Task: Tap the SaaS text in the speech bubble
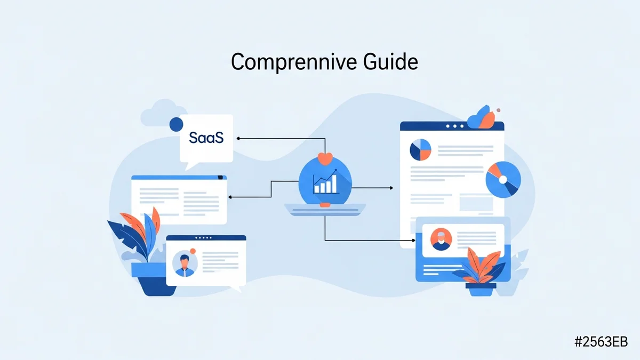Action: tap(206, 137)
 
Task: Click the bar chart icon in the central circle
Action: tap(326, 182)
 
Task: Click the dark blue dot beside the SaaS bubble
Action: tap(175, 124)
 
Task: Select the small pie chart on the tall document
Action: tap(420, 150)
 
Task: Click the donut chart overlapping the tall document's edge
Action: tap(502, 179)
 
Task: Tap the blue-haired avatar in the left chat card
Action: tap(185, 263)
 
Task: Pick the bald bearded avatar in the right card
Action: tap(441, 239)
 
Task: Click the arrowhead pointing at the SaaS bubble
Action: tap(238, 138)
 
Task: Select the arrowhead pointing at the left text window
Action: tap(230, 197)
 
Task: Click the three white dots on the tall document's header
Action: tap(454, 126)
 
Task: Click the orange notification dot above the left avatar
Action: tap(193, 251)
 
